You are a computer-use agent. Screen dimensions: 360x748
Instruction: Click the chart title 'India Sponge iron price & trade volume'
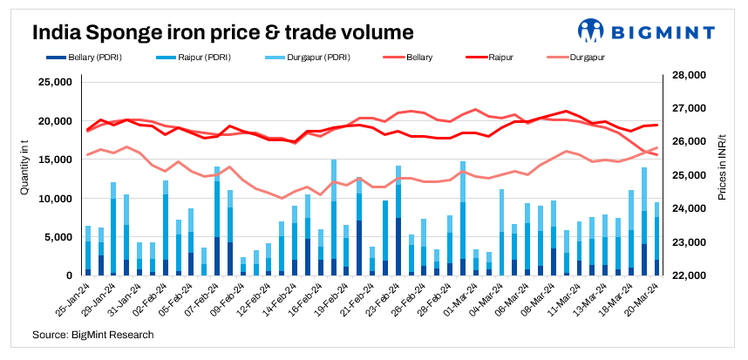(222, 33)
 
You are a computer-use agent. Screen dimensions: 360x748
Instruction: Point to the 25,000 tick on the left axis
(55, 83)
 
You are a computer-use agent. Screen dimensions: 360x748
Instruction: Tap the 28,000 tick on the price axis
(686, 76)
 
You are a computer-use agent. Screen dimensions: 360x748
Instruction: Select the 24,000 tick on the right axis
(686, 209)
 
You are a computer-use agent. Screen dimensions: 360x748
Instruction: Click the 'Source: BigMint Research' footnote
(93, 335)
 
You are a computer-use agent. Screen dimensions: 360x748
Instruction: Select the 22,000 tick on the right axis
(686, 275)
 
